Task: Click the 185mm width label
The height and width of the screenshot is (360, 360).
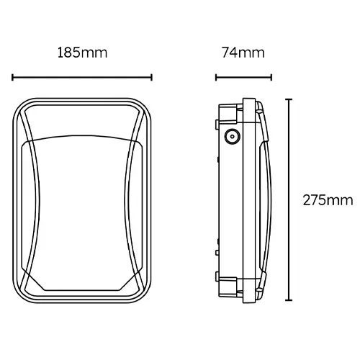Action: coord(82,53)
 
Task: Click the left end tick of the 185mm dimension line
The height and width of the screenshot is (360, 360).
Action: coord(13,77)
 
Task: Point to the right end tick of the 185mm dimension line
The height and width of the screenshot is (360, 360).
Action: coord(152,77)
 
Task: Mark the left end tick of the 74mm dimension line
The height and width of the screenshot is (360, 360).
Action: coord(217,77)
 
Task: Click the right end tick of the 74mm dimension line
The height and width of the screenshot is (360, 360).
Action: coord(271,77)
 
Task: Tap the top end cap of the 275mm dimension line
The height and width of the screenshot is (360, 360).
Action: coord(289,99)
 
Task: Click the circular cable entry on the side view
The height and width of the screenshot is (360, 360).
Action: coord(233,137)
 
